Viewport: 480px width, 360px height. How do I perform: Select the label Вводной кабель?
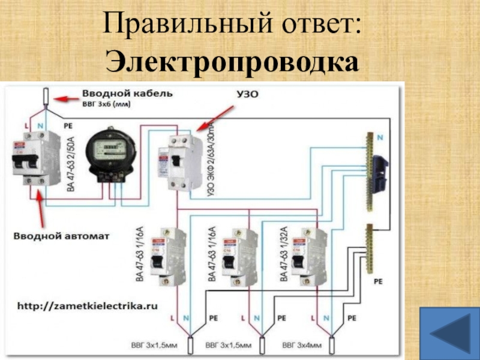[127, 94]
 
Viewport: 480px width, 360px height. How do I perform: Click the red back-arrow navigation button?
[449, 332]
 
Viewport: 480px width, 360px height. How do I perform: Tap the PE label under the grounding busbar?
[378, 280]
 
